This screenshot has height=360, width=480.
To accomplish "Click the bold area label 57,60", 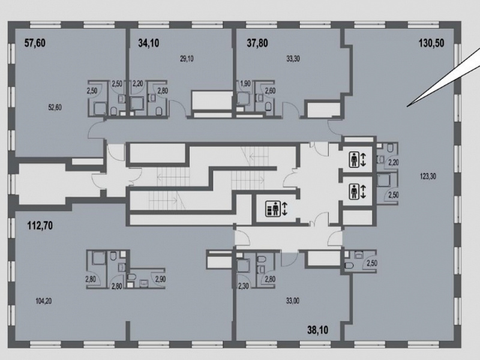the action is tap(35, 43).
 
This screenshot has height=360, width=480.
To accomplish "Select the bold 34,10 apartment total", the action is tap(148, 43).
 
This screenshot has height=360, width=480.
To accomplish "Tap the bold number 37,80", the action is tap(257, 43).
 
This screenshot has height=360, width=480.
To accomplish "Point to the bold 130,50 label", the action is tap(431, 43).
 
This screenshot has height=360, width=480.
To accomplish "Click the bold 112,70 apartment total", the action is tap(40, 226).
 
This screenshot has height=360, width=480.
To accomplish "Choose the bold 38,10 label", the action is tap(318, 330).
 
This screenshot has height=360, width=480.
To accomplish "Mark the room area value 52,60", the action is tap(55, 107).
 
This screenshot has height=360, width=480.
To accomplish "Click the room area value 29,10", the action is tap(187, 58).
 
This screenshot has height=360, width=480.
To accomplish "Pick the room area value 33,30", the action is tap(293, 58).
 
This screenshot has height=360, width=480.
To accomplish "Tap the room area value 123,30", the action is tap(428, 176).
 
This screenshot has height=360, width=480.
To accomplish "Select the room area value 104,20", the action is tap(43, 301).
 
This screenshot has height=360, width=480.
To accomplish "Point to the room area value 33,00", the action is tap(293, 301).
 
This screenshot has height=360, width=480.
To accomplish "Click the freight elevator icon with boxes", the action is tap(272, 208).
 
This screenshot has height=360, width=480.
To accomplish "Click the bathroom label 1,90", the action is tap(245, 83).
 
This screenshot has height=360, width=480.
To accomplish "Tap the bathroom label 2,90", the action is tap(161, 279).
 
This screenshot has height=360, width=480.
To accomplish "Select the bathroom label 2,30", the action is tap(244, 287).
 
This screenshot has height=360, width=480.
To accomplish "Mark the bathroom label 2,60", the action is tap(270, 91).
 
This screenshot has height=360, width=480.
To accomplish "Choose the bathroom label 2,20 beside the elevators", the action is tap(394, 163).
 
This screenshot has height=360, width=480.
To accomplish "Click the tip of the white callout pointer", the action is tap(407, 107).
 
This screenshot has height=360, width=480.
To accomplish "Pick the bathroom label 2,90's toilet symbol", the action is tap(131, 277).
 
